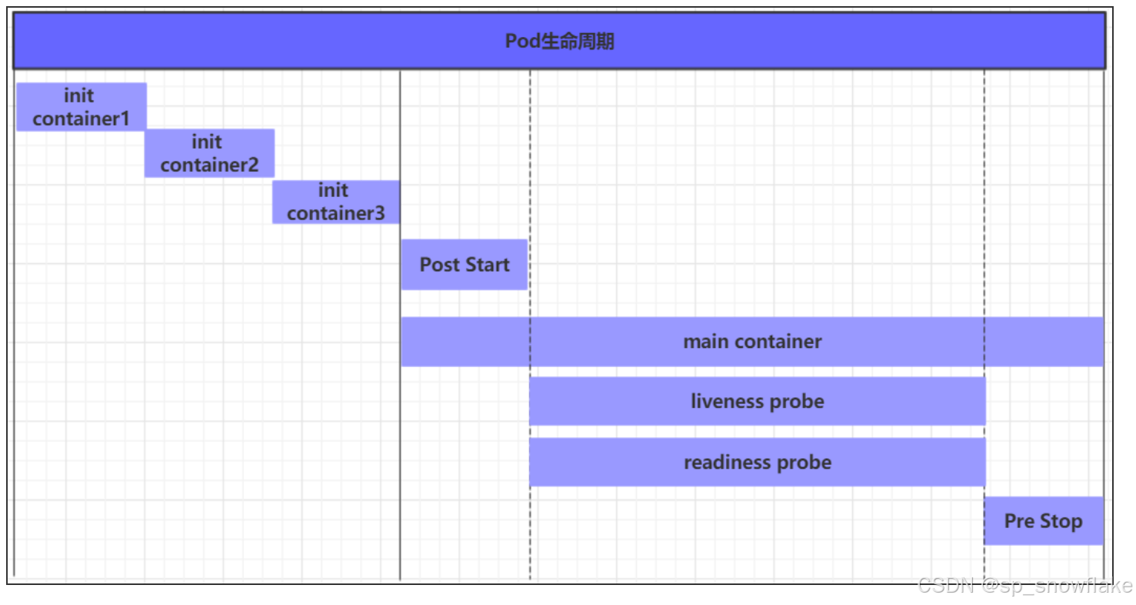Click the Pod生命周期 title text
559,41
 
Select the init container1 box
82,107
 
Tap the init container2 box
209,153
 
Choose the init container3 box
336,202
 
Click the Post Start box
465,265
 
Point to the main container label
753,342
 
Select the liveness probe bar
757,401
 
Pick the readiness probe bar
757,463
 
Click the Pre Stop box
1044,521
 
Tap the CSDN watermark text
1025,586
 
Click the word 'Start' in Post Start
488,265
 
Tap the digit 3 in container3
379,213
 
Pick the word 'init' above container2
207,142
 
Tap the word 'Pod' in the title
522,41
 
